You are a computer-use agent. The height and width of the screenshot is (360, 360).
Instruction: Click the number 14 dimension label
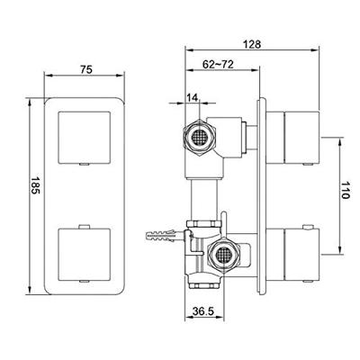click(x=192, y=99)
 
